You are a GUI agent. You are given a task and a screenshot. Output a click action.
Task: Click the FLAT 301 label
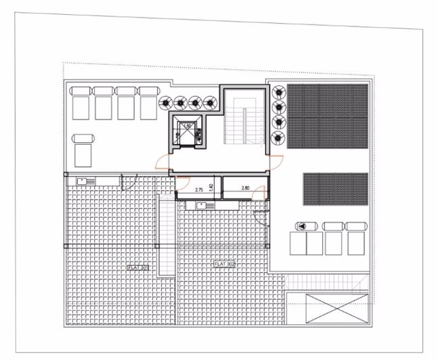(137, 267)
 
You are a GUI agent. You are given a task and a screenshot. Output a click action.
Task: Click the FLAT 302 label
(224, 264)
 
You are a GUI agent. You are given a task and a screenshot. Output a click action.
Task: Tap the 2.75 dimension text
(199, 190)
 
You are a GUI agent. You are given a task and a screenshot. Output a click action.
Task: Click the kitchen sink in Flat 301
(86, 180)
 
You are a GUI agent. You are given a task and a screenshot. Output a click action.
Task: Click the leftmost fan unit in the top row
(166, 103)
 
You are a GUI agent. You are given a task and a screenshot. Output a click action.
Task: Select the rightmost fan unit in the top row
(211, 103)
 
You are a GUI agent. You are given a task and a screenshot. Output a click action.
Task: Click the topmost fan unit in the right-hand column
(278, 92)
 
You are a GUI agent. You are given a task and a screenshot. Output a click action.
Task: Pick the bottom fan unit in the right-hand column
(278, 138)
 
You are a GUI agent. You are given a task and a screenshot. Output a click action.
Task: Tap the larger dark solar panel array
(328, 116)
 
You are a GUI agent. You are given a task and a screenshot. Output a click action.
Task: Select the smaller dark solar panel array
(335, 189)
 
